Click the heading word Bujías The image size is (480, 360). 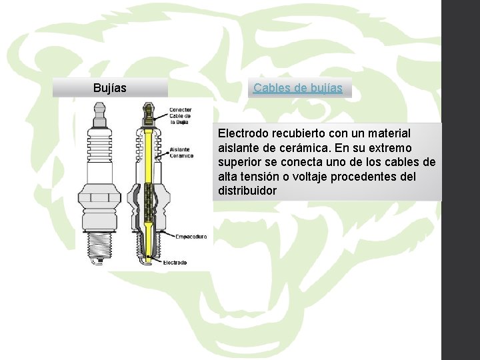coord(110,88)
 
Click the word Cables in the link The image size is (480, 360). coord(269,88)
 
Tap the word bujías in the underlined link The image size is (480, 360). coord(326,88)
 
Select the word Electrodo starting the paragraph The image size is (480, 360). coord(242,134)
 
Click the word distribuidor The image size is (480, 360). coord(247,191)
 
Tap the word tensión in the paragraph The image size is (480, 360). coord(261,177)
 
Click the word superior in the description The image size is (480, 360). coord(239,163)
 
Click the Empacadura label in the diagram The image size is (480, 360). coord(191,236)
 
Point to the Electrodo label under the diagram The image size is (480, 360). coord(175,263)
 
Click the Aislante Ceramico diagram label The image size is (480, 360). coord(181,153)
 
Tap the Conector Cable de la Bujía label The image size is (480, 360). coord(180,116)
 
